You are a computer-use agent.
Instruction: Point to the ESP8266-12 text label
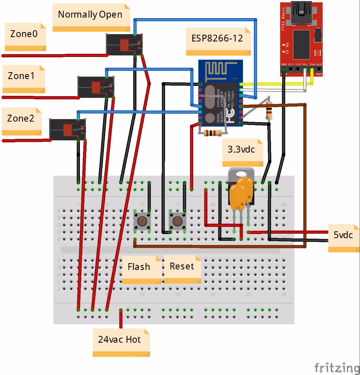pos(217,38)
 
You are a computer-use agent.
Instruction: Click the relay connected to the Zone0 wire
pos(124,45)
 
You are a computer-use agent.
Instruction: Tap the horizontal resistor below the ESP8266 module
pos(212,133)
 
